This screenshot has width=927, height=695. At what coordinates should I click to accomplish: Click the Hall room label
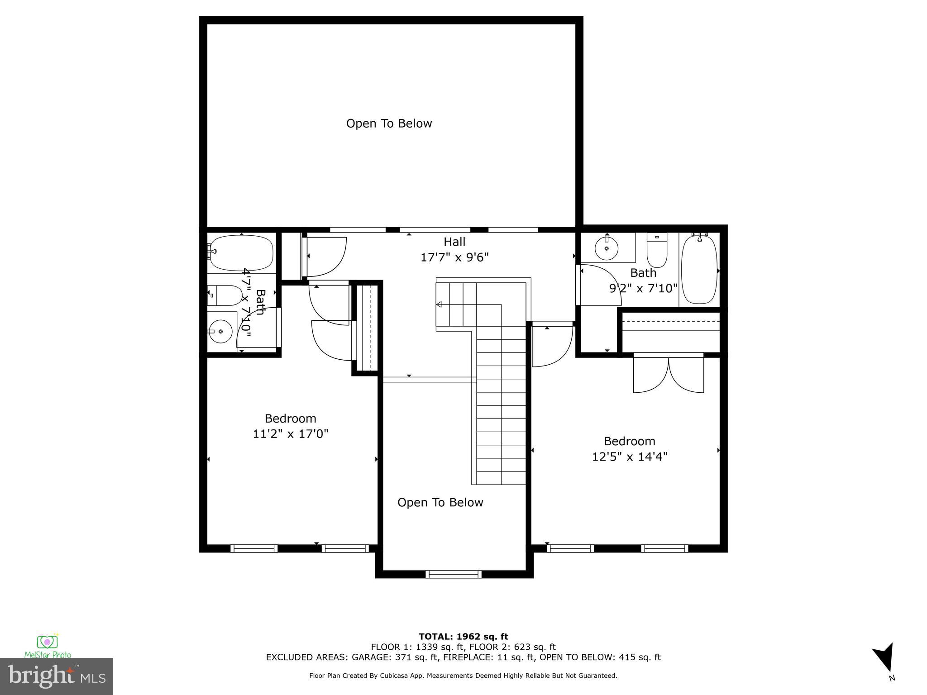pos(454,242)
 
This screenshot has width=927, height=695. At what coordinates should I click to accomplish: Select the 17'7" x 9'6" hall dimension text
pos(454,257)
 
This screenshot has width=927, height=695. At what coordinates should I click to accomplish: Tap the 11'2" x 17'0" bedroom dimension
pos(290,434)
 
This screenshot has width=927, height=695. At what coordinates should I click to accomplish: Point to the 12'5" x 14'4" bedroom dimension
pos(630,457)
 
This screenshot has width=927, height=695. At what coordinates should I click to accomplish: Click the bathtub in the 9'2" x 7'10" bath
pos(699,270)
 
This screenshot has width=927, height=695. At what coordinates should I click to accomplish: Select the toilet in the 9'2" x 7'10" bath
pos(657,251)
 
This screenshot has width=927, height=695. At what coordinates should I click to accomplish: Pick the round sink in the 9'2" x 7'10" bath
pos(607,248)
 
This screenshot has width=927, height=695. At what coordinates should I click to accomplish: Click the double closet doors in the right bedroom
pos(668,374)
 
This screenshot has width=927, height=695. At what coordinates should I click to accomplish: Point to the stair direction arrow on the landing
pos(439,305)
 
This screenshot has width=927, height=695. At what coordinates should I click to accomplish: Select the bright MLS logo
pos(57,676)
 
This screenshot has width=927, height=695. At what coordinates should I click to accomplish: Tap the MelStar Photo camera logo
pos(47,643)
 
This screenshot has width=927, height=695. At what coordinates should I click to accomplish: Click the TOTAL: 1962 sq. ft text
pos(463,637)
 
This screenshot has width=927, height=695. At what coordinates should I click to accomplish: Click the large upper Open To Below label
pos(389,124)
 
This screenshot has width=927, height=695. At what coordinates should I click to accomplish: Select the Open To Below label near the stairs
pos(440,502)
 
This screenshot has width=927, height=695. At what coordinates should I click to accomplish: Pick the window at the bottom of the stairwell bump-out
pos(454,574)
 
